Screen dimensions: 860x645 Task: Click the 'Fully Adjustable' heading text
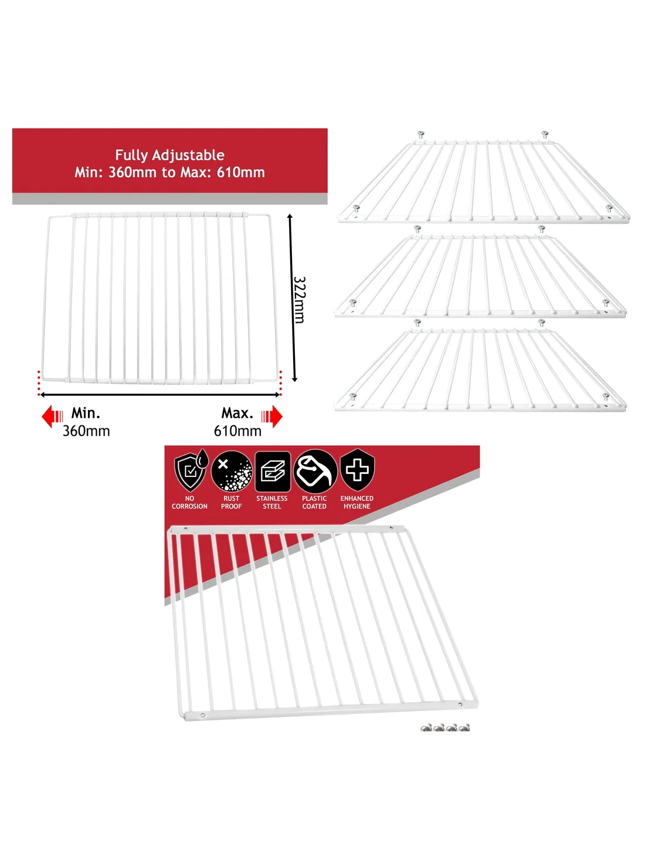click(169, 155)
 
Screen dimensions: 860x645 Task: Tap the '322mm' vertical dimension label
click(299, 299)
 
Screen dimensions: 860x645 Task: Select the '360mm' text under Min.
click(86, 431)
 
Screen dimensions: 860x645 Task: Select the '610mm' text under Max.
click(237, 431)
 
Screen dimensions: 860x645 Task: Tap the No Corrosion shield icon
click(191, 470)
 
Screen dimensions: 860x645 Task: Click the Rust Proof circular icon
click(232, 471)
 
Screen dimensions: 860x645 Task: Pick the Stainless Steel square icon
click(273, 471)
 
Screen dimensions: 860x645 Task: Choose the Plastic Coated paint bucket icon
click(315, 471)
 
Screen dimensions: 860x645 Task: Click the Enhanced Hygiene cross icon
click(357, 470)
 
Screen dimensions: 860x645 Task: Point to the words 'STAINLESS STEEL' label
click(272, 502)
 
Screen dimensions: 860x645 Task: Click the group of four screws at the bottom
click(445, 728)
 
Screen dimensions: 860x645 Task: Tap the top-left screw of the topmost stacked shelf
click(420, 135)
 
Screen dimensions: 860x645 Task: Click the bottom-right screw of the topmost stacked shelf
click(609, 208)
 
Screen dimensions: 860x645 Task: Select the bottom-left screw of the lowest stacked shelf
click(353, 397)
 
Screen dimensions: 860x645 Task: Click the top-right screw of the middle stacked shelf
click(542, 228)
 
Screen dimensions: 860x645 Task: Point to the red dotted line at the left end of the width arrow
click(39, 382)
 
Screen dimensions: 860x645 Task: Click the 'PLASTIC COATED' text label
click(314, 502)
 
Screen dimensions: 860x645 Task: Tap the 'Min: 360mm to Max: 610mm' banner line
click(169, 172)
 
